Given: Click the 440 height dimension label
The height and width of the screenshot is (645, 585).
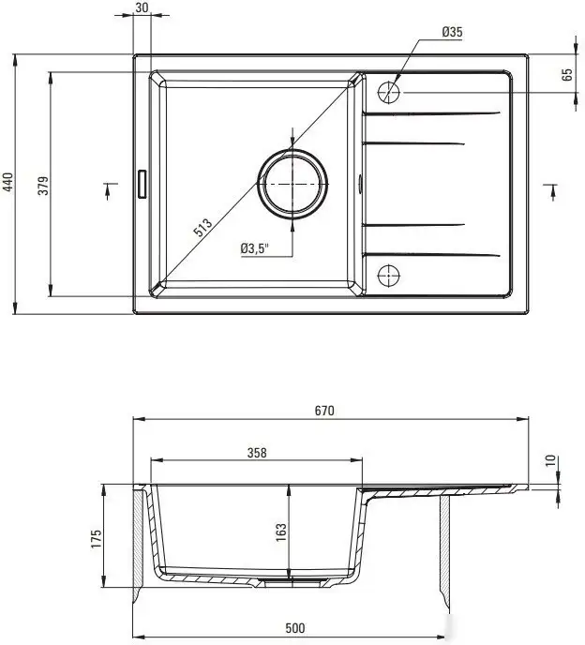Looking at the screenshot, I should coord(9,183).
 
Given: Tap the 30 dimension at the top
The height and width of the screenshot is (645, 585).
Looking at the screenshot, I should coord(142,7).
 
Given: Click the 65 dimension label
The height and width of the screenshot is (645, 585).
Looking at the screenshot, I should coord(567,75).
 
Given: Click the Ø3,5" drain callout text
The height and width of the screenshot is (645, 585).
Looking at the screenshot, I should coord(255,248).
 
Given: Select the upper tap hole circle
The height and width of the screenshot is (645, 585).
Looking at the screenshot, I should coord(389,92).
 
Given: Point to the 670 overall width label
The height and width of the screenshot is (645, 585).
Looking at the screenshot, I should coord(325,410).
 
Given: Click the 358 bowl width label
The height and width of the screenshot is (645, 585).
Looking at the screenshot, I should coord(257,453).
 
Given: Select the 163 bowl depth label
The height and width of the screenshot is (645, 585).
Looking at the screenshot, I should coord(280,533).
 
